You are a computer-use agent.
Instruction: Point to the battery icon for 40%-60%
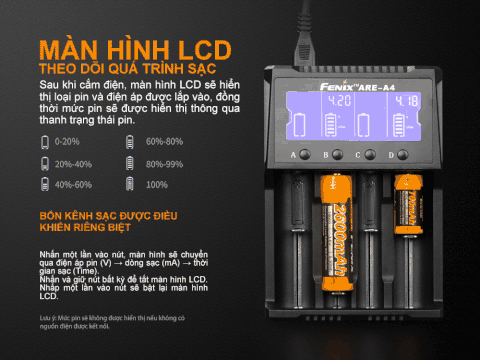click(44, 185)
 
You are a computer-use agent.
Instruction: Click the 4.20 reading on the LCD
click(341, 102)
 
